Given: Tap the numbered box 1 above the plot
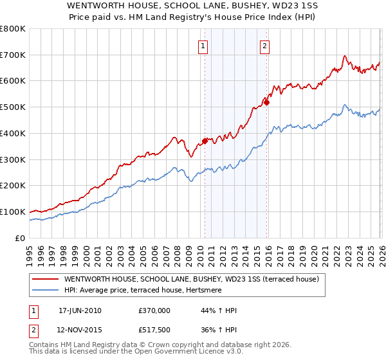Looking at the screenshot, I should (x=203, y=46).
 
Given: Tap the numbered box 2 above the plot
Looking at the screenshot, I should (x=264, y=46).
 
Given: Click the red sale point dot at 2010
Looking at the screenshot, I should (x=205, y=141).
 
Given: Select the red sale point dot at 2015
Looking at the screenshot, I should (x=266, y=102).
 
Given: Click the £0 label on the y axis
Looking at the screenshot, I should (x=21, y=238).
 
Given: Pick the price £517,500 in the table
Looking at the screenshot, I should (x=154, y=328).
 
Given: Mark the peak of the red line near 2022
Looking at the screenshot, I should (x=345, y=56).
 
